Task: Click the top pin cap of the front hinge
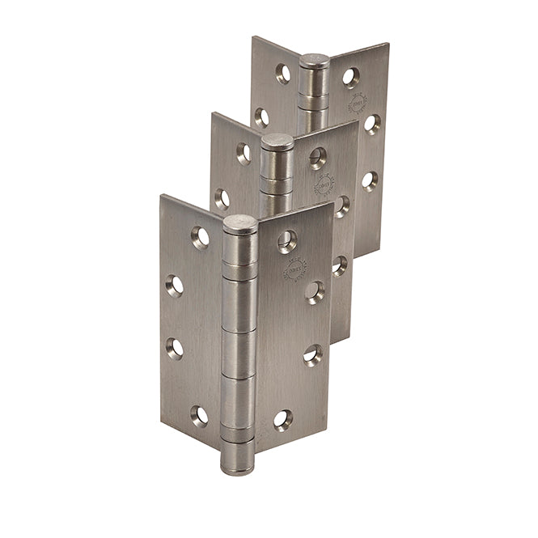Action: pyautogui.click(x=239, y=224)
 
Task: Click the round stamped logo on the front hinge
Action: pyautogui.click(x=294, y=270)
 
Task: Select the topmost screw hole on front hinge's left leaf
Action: pyautogui.click(x=200, y=236)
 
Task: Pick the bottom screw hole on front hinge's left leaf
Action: pyautogui.click(x=199, y=416)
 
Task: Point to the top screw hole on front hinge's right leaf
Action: pyautogui.click(x=287, y=240)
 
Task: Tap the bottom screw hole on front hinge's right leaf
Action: pyautogui.click(x=282, y=418)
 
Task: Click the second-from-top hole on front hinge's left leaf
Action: pyautogui.click(x=175, y=285)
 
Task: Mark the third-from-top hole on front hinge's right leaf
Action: pyautogui.click(x=313, y=354)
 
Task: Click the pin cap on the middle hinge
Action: pyautogui.click(x=277, y=142)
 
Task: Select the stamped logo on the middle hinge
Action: pyautogui.click(x=324, y=184)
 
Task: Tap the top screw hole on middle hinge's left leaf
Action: pyautogui.click(x=244, y=152)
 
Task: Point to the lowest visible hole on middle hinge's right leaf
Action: pyautogui.click(x=340, y=265)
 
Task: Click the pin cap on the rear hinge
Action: pyautogui.click(x=315, y=61)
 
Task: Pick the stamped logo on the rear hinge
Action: pyautogui.click(x=357, y=104)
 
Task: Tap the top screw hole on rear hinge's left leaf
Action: pyautogui.click(x=283, y=74)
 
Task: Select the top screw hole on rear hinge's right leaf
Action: pyautogui.click(x=350, y=77)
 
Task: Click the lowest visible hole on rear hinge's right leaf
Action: pyautogui.click(x=370, y=180)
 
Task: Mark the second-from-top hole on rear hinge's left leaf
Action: pyautogui.click(x=261, y=117)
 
